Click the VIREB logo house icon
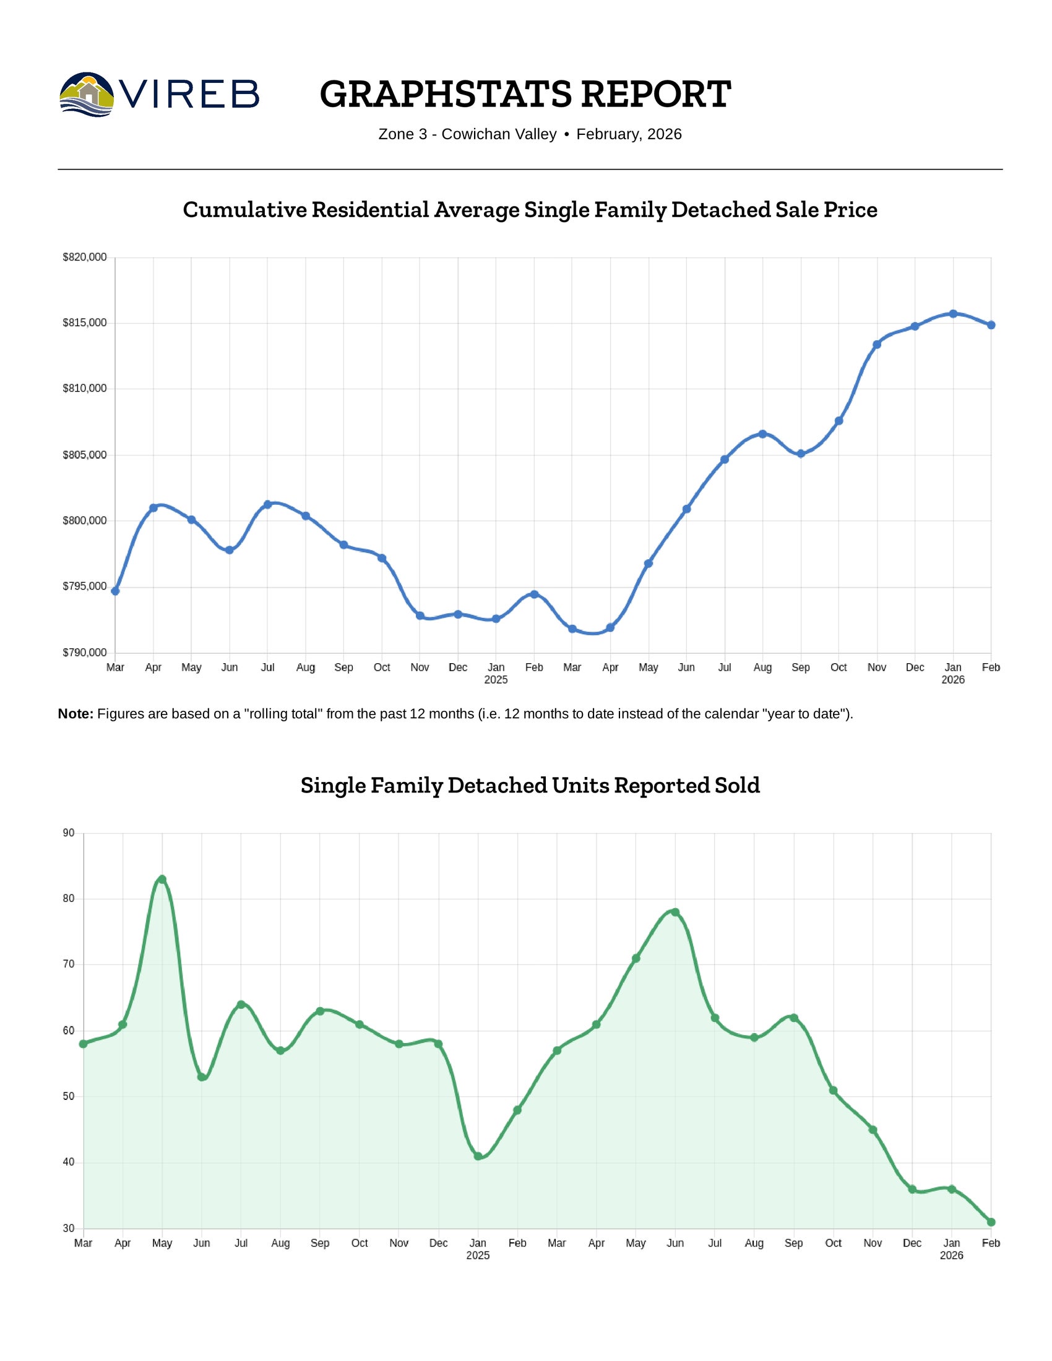point(87,94)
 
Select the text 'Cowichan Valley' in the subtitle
point(499,135)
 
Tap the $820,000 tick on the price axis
point(85,257)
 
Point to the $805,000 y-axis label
point(85,455)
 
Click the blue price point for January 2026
point(953,314)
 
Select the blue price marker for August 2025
point(762,434)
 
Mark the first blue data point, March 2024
point(115,591)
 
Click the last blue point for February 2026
point(991,325)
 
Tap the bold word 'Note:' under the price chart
point(75,714)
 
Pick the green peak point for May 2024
point(162,879)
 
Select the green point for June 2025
point(675,912)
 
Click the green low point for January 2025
point(478,1157)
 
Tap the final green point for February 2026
point(991,1222)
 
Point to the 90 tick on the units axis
point(69,833)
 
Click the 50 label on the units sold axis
point(69,1097)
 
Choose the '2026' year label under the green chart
point(951,1256)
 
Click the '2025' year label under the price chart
point(496,680)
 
